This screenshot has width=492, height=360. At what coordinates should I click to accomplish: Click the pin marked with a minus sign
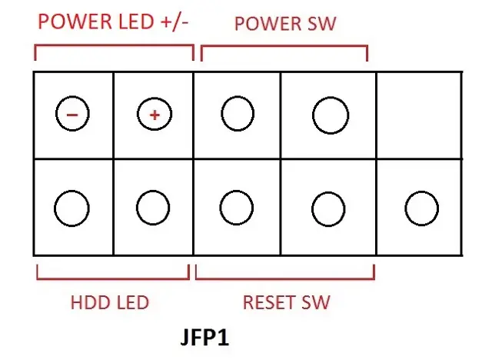(x=72, y=114)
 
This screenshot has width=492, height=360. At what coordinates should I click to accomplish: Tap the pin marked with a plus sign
(x=155, y=115)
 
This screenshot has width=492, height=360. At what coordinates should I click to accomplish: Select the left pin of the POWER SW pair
(x=238, y=113)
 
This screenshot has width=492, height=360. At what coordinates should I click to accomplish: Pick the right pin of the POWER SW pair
(x=331, y=115)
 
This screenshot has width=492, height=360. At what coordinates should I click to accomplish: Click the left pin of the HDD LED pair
(x=71, y=208)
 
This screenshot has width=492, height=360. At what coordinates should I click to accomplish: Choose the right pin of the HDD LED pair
(x=153, y=208)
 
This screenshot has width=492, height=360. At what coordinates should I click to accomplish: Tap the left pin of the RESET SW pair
(x=237, y=208)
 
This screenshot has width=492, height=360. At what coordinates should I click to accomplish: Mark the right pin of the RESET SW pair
(x=328, y=208)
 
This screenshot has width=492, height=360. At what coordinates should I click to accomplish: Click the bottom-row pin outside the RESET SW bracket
(x=422, y=208)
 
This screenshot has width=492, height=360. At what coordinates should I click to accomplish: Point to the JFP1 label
(x=205, y=338)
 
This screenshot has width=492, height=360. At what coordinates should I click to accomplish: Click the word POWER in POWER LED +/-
(x=75, y=22)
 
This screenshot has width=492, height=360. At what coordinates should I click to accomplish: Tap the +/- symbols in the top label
(x=175, y=22)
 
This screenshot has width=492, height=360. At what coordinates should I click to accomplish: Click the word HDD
(x=91, y=302)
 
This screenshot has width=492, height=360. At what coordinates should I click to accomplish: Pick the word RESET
(x=269, y=302)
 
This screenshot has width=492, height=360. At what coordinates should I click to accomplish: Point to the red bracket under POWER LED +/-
(x=114, y=46)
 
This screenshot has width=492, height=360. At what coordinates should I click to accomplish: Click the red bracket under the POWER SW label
(x=284, y=47)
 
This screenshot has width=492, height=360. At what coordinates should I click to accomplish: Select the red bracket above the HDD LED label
(x=113, y=278)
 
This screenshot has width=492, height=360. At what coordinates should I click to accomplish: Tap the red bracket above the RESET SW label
(x=285, y=278)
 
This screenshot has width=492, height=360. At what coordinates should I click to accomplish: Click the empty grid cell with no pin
(x=419, y=115)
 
